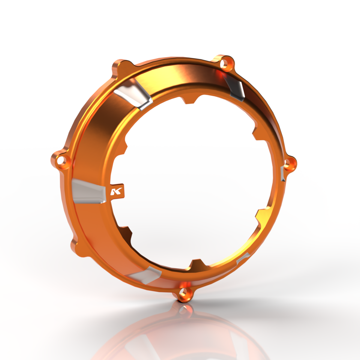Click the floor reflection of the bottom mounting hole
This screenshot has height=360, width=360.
click(x=184, y=310)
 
